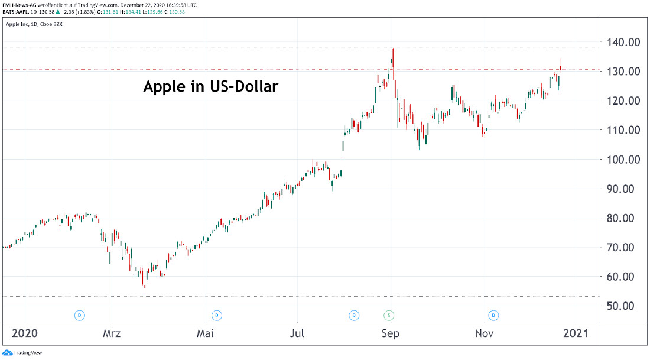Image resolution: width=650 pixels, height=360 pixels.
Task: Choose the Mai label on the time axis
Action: point(205,333)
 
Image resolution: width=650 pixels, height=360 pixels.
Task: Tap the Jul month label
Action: point(297,333)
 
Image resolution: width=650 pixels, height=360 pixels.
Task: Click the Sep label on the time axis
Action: point(390,333)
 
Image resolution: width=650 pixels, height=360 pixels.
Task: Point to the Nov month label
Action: point(485,333)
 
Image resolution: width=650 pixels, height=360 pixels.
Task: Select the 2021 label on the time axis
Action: point(576,333)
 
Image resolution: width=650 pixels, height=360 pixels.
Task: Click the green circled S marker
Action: point(389,314)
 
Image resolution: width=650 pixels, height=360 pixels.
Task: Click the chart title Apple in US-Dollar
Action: point(210,87)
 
